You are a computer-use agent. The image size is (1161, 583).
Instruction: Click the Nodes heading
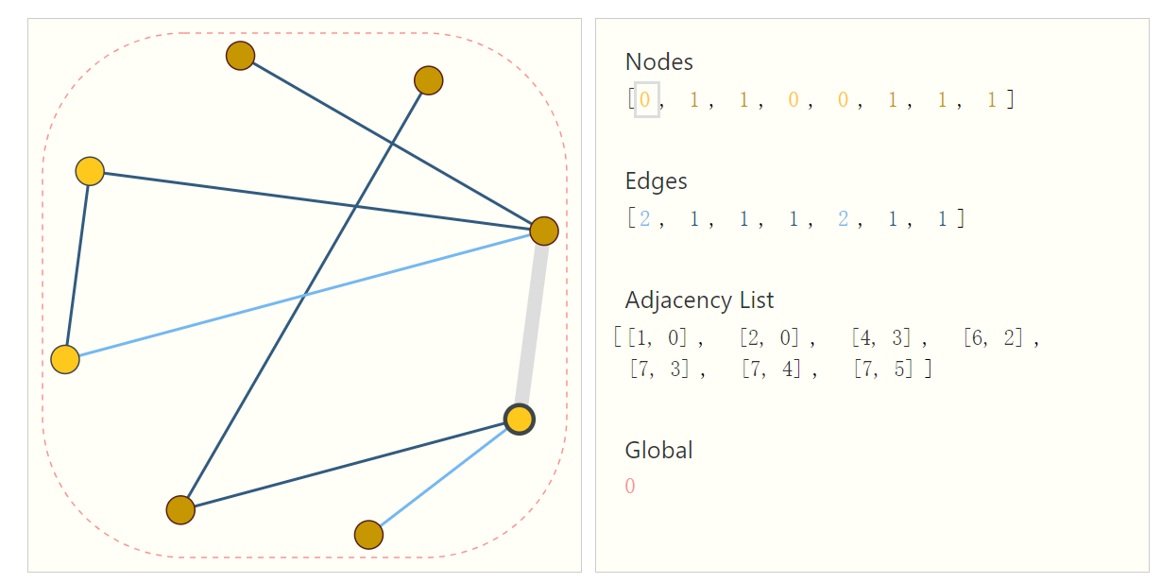click(x=658, y=62)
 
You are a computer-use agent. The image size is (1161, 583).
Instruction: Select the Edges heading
click(x=656, y=181)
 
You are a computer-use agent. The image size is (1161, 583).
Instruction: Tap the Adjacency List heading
click(x=699, y=300)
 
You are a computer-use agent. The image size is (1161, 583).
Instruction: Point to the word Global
click(x=658, y=451)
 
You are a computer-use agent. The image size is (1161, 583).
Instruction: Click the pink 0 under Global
click(x=630, y=487)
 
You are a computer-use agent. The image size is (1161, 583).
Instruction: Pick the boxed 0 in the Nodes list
click(x=646, y=99)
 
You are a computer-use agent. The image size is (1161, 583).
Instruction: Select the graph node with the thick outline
click(x=520, y=419)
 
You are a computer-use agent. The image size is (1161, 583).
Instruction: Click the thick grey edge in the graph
click(x=532, y=324)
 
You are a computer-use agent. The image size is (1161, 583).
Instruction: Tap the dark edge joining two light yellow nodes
click(x=77, y=265)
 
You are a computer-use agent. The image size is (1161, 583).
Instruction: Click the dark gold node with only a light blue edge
click(x=368, y=535)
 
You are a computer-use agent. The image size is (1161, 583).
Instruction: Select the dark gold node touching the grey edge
click(x=544, y=231)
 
